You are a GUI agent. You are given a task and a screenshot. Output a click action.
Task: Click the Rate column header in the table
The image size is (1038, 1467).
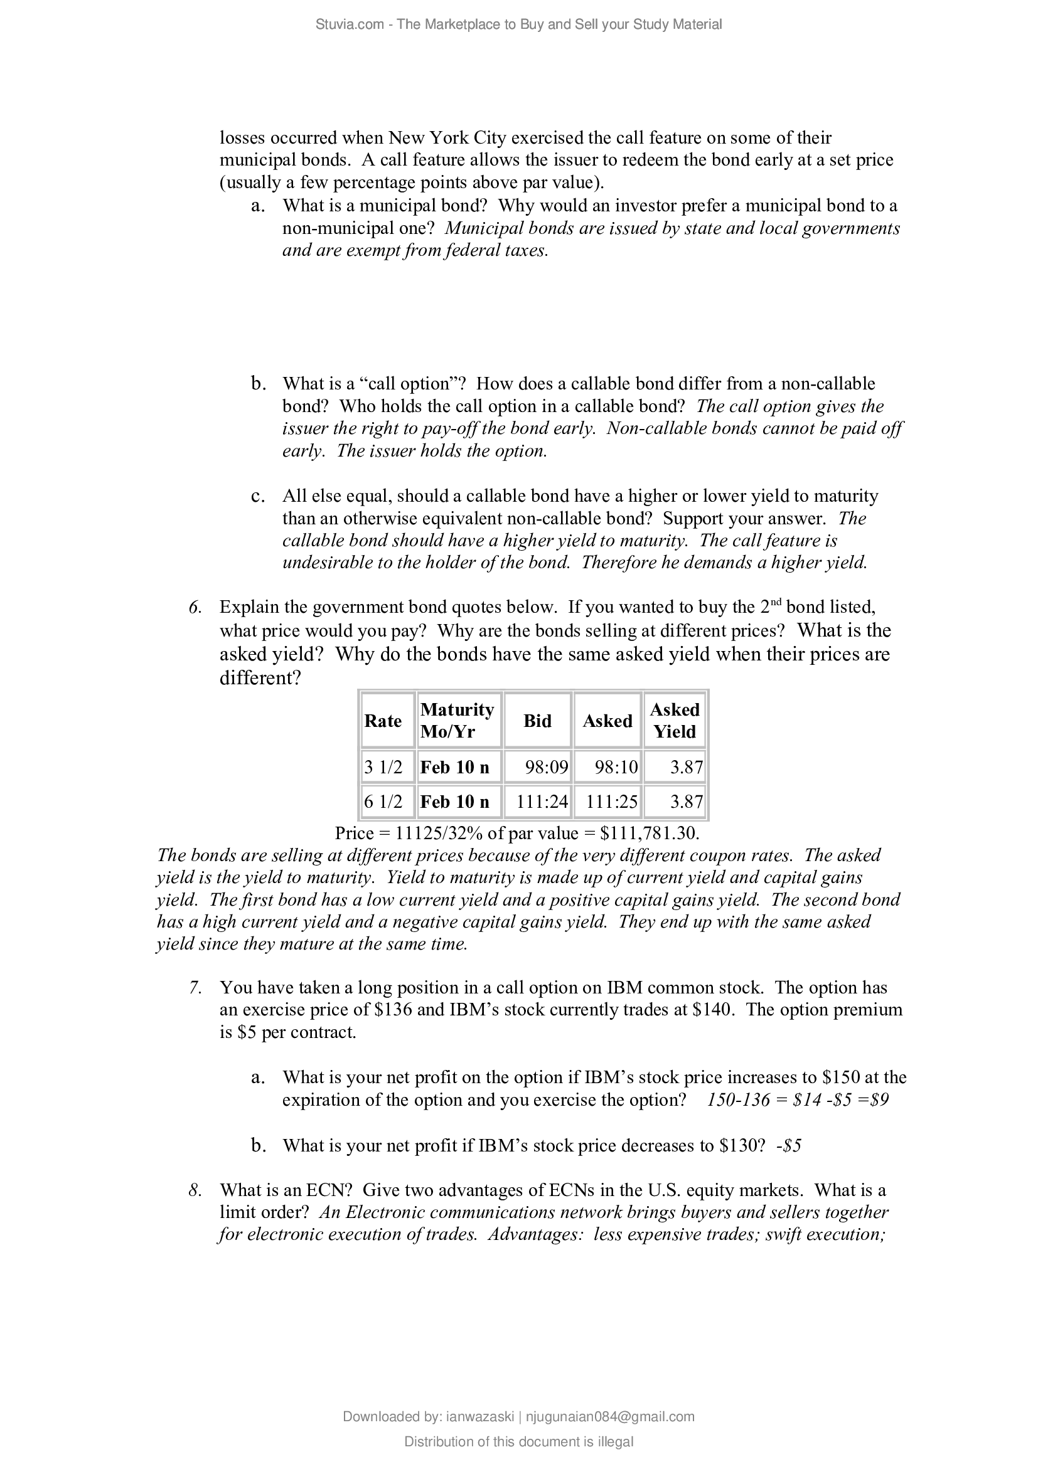(383, 721)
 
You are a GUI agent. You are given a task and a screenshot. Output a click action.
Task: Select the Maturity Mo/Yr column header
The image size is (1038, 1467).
(457, 721)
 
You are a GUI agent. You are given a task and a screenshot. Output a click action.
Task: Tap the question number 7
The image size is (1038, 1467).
(196, 988)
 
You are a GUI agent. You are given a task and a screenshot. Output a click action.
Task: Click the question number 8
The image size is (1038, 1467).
(196, 1190)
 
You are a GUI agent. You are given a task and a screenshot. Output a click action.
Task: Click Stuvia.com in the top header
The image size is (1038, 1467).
(350, 24)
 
